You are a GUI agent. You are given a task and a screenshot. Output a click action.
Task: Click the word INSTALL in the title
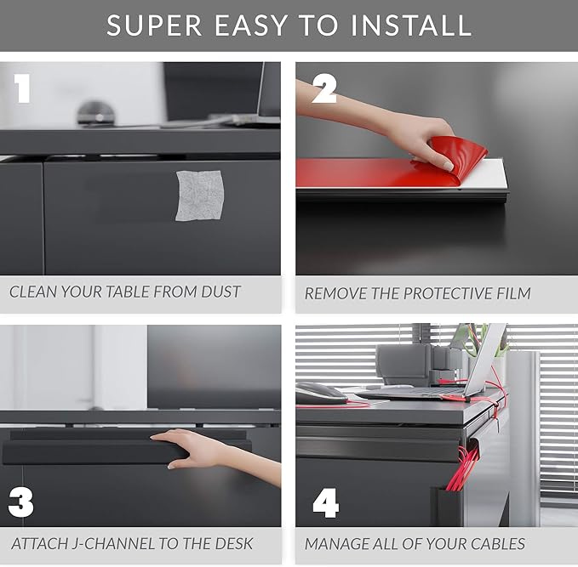411,25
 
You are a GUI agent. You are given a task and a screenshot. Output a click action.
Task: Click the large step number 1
22,88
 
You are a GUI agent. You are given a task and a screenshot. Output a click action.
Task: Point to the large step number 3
21,502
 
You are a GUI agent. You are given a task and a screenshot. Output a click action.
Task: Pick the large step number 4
326,503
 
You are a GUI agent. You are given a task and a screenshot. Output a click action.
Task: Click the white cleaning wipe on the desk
200,196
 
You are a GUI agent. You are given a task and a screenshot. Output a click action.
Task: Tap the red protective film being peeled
391,166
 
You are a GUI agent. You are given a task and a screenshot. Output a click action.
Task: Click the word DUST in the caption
220,292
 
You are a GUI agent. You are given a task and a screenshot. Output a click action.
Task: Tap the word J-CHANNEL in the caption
113,544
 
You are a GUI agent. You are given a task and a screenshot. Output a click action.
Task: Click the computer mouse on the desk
320,394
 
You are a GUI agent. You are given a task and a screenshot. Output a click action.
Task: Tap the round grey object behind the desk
96,113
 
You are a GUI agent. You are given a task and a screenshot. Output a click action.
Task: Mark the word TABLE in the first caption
128,292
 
